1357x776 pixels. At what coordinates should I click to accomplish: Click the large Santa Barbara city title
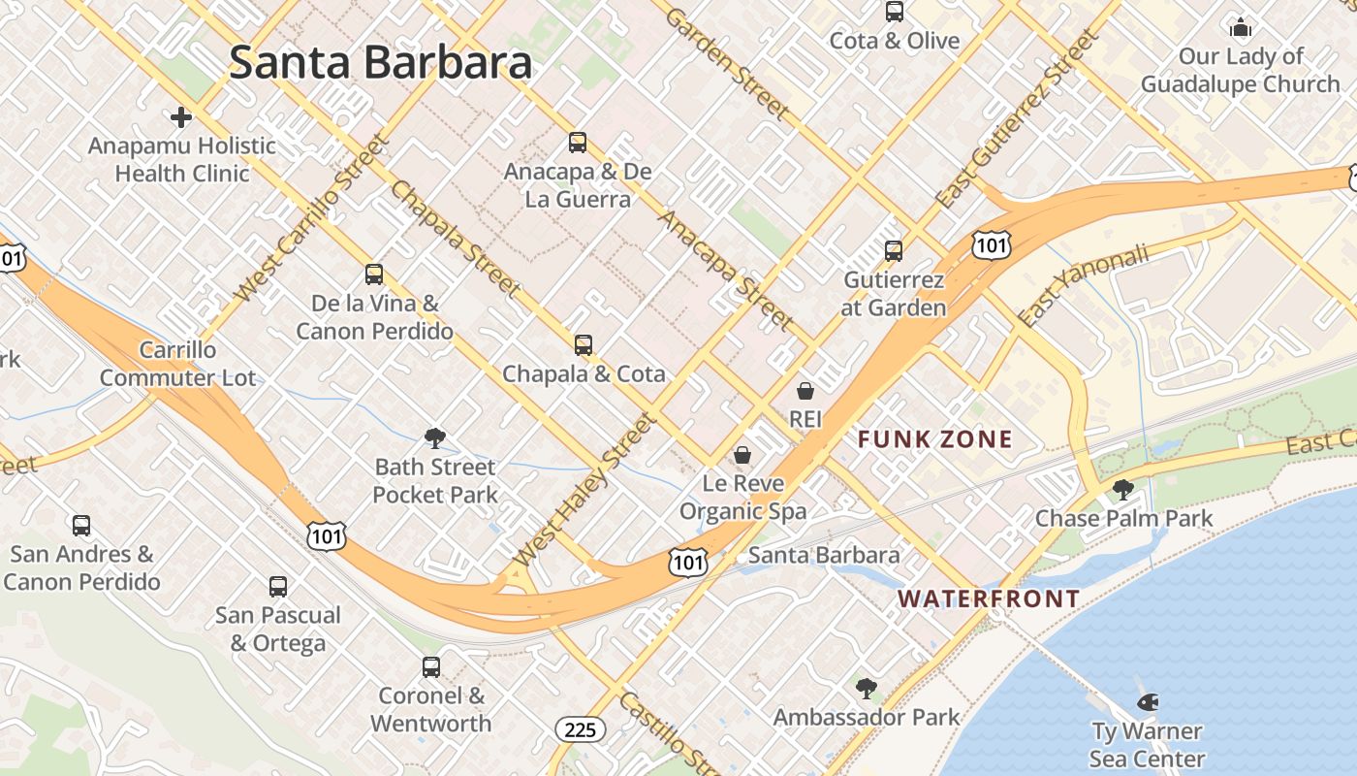380,63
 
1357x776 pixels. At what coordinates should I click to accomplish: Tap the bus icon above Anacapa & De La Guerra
578,143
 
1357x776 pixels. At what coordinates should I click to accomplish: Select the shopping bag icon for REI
805,391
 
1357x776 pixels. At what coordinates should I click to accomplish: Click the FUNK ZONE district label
935,439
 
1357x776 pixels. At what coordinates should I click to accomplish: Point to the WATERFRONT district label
989,598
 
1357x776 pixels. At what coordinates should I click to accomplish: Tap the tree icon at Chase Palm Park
1123,490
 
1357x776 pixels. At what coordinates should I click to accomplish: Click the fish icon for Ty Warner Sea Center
1147,701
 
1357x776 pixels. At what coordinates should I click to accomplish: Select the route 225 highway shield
581,729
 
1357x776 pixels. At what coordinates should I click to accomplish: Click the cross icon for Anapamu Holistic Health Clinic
181,117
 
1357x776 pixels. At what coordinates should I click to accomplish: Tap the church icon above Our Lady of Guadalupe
1241,27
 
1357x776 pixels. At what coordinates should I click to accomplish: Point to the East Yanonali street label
1083,284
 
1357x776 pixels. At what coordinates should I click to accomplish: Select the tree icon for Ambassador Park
867,689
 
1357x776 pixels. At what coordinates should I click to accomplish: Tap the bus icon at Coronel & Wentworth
431,667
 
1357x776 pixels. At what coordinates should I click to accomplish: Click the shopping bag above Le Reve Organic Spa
742,455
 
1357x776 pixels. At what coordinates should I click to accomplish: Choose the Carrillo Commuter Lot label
177,364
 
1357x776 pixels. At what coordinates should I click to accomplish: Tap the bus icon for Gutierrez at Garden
894,251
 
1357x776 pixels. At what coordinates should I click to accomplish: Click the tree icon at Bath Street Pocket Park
435,438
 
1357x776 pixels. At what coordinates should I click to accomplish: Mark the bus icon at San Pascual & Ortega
278,587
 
